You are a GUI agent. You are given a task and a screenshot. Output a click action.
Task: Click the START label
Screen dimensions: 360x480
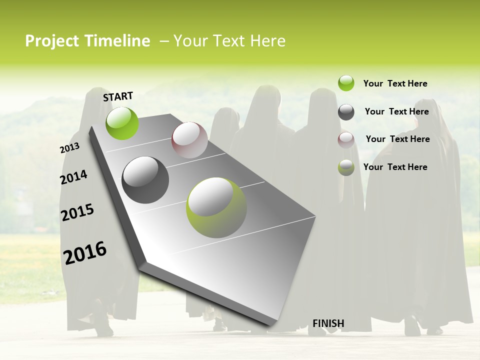point(118,96)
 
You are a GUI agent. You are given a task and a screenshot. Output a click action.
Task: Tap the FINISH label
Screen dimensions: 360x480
point(328,323)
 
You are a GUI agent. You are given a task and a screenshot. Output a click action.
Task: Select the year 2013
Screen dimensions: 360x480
point(69,148)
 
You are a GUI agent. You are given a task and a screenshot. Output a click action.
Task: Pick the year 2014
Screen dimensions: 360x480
point(73,177)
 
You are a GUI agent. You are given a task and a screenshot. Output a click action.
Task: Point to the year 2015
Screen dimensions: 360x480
point(77,212)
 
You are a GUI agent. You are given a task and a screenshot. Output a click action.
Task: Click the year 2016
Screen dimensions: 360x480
point(85,252)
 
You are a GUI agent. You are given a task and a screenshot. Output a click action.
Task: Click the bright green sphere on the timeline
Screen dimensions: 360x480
point(122,123)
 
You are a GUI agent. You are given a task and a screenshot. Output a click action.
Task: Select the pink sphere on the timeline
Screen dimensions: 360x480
point(189,140)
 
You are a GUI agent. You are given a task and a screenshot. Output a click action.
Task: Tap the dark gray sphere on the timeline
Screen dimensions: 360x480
point(145,180)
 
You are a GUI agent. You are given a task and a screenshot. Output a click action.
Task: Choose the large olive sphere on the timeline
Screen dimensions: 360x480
point(216,207)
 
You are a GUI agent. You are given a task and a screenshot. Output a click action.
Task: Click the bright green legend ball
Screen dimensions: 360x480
point(346,83)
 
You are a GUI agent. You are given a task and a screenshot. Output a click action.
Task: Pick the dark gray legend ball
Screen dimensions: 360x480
point(346,112)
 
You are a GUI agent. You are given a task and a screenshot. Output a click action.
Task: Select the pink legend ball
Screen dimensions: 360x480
point(346,139)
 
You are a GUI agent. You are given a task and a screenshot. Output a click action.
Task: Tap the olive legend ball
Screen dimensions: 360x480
point(346,167)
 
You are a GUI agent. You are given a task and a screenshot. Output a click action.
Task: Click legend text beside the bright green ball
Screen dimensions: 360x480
point(395,83)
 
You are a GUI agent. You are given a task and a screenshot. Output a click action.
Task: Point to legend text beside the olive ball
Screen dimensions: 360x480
point(395,167)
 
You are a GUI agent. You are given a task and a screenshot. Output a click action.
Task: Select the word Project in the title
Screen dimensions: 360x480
point(52,41)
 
